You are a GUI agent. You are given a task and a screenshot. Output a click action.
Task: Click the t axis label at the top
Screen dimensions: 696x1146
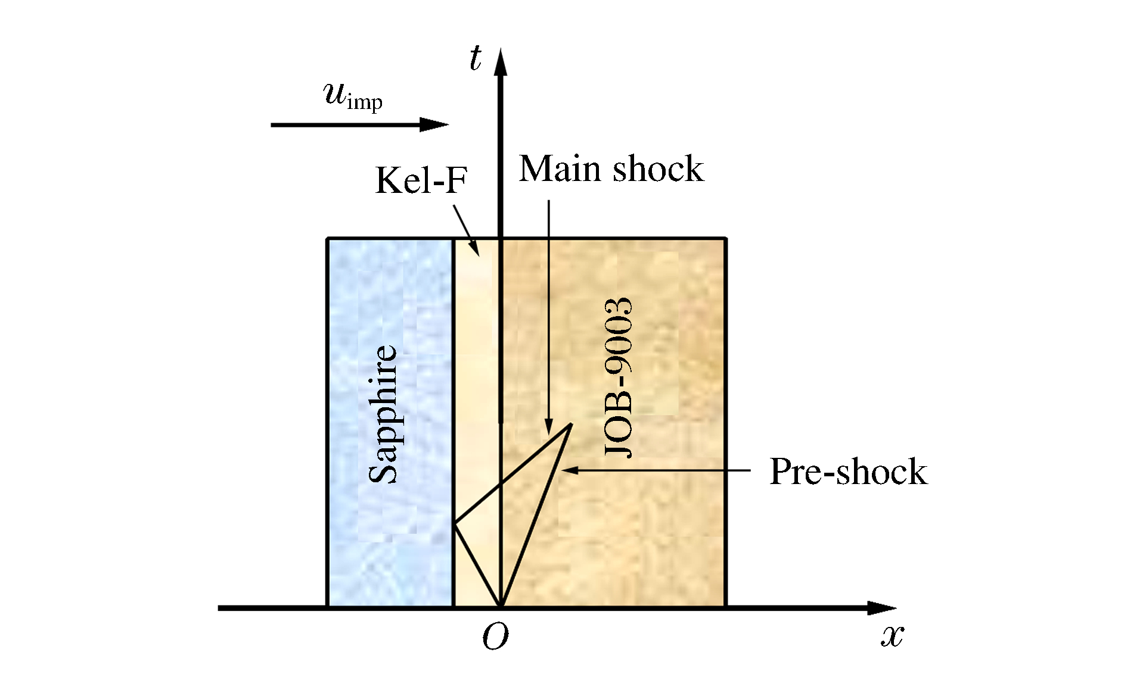click(475, 59)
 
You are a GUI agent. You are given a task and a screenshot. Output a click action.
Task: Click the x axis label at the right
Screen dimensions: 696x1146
click(892, 636)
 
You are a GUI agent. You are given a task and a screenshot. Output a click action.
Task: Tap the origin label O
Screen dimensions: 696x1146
click(495, 637)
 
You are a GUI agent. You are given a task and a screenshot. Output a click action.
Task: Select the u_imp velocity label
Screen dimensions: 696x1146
click(353, 96)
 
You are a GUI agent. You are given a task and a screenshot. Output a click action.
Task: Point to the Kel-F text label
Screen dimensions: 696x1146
click(421, 180)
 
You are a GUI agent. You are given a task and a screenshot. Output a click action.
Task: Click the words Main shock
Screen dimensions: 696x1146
click(611, 169)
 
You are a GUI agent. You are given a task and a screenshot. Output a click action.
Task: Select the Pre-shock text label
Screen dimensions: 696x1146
click(848, 472)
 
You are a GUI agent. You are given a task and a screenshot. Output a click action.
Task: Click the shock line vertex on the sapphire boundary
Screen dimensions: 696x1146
click(455, 523)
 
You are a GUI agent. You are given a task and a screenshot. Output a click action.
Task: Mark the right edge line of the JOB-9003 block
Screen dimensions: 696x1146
click(725, 417)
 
